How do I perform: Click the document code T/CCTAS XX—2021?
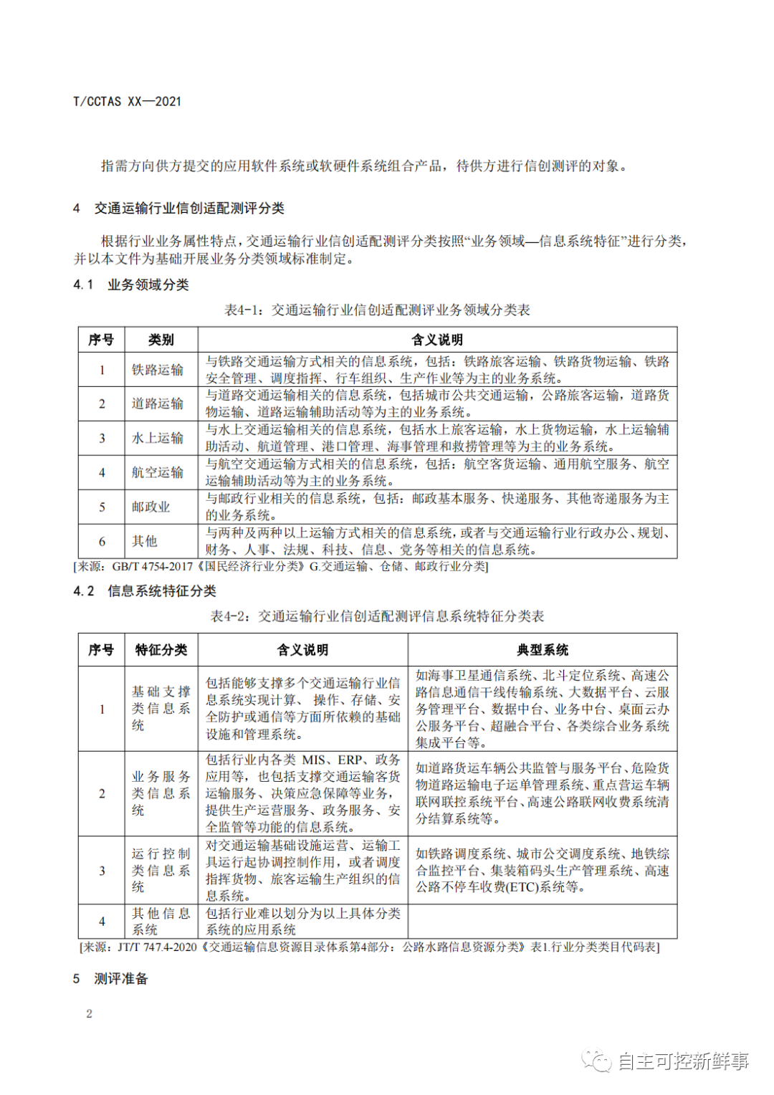[x=127, y=102]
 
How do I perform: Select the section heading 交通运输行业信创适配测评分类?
[x=189, y=209]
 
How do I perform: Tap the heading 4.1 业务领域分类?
[x=131, y=284]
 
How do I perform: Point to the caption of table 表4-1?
[x=377, y=310]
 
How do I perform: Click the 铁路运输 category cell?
[x=158, y=370]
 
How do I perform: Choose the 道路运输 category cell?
[x=158, y=403]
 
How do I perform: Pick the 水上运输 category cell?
[x=158, y=438]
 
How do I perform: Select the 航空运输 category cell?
[x=158, y=472]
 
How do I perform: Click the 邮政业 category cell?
[x=151, y=507]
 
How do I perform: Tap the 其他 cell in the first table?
[x=145, y=541]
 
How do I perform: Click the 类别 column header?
[x=161, y=340]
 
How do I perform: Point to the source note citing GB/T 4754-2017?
[x=281, y=567]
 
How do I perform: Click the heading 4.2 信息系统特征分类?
[x=145, y=591]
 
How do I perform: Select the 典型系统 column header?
[x=543, y=650]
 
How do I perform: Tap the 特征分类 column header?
[x=161, y=650]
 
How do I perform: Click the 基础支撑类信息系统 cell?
[x=161, y=708]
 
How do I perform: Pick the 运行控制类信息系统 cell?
[x=161, y=870]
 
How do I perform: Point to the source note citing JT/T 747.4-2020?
[x=369, y=947]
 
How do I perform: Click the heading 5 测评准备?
[x=111, y=979]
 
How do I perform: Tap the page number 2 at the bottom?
[x=89, y=1013]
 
